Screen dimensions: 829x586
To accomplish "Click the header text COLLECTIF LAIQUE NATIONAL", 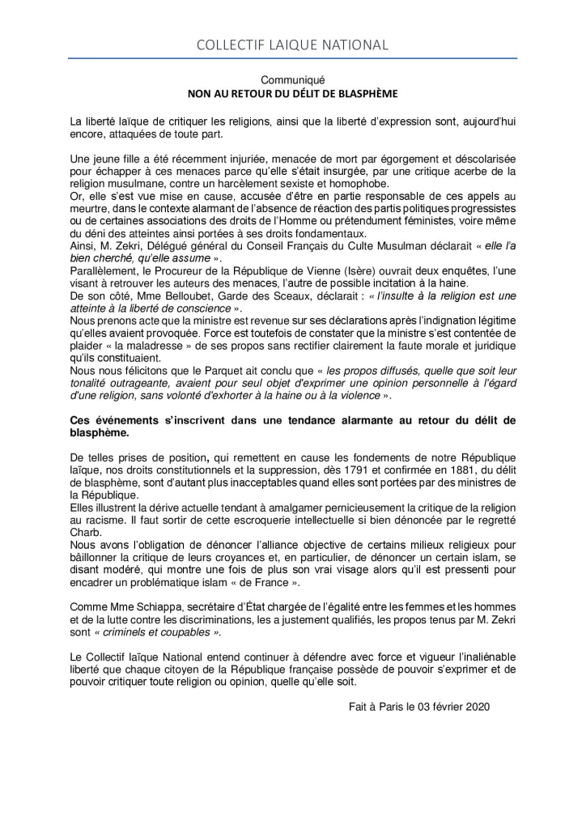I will pos(292,45).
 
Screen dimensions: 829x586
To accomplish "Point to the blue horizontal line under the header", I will pos(292,58).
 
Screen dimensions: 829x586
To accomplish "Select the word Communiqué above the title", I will pos(292,80).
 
